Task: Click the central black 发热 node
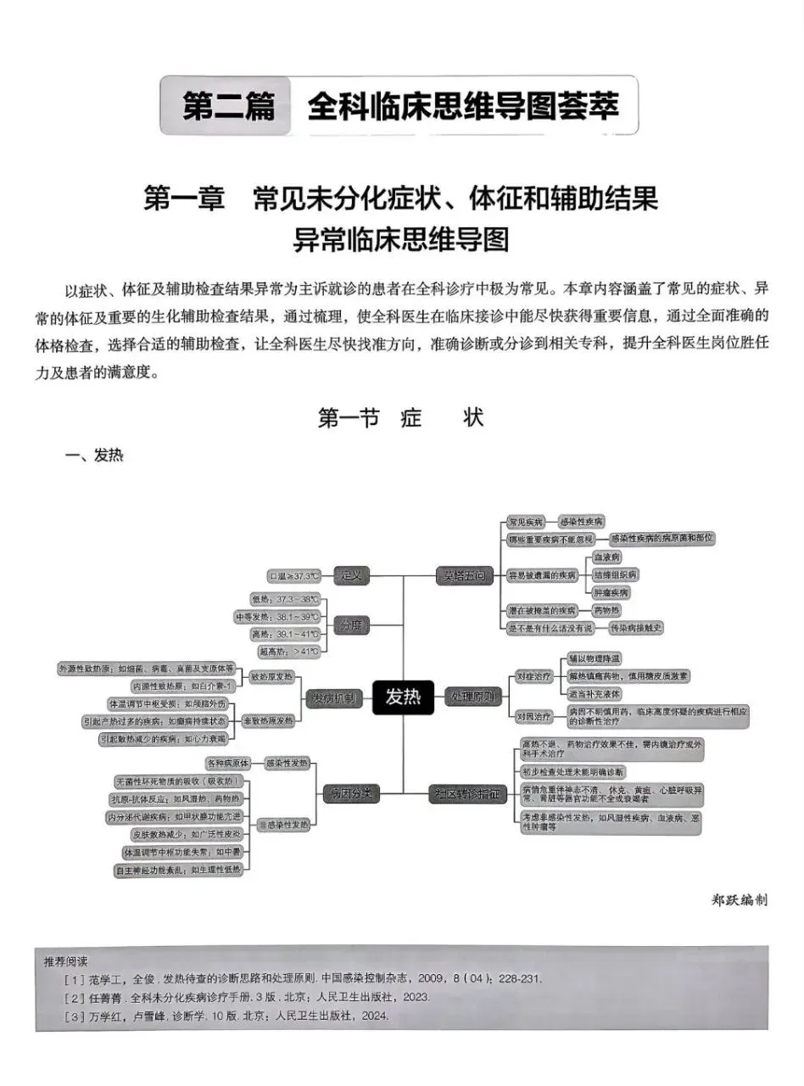click(x=404, y=697)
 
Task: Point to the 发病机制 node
click(x=333, y=697)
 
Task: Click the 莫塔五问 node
click(x=464, y=576)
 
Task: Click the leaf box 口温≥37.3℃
click(x=294, y=576)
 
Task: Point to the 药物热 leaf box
click(x=606, y=610)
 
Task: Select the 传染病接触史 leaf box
click(x=636, y=628)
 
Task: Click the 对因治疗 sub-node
click(x=534, y=717)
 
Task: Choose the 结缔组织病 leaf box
click(x=615, y=575)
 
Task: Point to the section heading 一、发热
click(x=94, y=456)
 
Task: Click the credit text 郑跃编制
click(x=740, y=900)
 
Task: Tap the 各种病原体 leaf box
click(x=226, y=763)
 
